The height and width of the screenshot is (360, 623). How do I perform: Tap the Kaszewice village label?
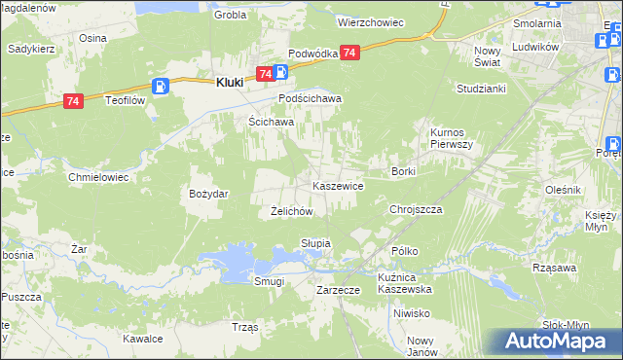(x=338, y=185)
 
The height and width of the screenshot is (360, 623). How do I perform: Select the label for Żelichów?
(x=290, y=210)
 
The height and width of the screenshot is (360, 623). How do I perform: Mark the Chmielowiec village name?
(x=98, y=178)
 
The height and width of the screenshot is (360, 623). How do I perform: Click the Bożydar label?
(x=208, y=194)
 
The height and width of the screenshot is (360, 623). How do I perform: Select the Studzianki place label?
(x=480, y=88)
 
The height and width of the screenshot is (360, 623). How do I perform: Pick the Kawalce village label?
(x=141, y=339)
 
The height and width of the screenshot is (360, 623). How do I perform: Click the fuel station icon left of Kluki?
(x=162, y=86)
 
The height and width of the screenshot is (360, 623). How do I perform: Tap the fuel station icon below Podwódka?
(x=279, y=71)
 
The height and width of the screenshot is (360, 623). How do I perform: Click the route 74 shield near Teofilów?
(x=73, y=100)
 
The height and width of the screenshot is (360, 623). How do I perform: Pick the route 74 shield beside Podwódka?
(x=350, y=53)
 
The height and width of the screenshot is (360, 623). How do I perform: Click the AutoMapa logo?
(x=558, y=341)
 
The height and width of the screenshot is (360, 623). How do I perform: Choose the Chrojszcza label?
(x=416, y=209)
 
